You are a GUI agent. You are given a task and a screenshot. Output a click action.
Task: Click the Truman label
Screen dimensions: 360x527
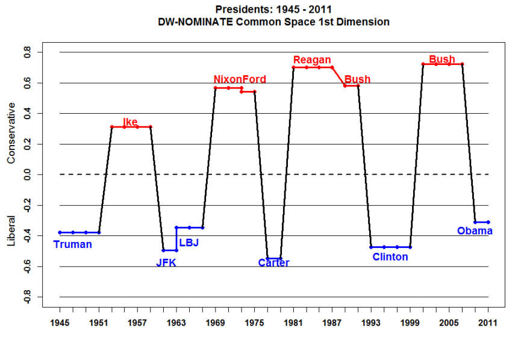pos(72,244)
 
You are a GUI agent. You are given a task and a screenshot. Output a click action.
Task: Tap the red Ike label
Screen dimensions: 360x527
pos(130,122)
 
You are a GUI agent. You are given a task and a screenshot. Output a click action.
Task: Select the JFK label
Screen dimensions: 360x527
pos(166,262)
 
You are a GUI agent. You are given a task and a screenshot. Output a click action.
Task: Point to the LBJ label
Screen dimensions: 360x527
pos(189,243)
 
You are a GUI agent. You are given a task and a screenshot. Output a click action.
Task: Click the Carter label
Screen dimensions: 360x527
pos(273,262)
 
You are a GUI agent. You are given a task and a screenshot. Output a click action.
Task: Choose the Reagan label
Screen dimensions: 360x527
pos(312,60)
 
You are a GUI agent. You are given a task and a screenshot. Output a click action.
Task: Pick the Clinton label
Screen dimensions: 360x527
pos(390,257)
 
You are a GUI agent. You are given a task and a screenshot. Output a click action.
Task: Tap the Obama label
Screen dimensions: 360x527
pos(475,231)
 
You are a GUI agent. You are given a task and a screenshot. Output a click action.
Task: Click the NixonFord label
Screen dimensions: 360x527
pos(240,79)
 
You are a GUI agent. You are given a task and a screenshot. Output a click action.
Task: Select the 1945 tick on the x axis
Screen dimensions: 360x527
pos(60,323)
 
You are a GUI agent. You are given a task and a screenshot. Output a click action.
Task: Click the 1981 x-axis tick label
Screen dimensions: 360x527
pos(293,323)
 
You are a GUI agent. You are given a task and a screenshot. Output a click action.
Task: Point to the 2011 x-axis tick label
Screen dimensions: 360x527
pos(488,323)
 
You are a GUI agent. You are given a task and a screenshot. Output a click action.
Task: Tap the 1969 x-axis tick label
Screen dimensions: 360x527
pos(215,323)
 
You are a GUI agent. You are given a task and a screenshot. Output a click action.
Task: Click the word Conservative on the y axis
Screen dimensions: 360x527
pos(11,132)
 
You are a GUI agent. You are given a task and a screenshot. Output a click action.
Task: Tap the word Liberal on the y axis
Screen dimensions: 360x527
pos(11,231)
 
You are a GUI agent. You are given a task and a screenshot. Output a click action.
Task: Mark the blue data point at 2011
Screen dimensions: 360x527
pos(488,222)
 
